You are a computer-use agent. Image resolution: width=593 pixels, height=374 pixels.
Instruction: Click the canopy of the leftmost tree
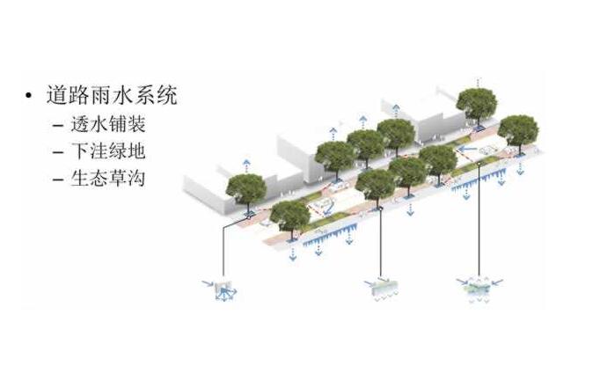pos(245,187)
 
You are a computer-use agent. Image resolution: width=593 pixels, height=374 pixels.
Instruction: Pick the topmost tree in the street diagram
pos(476,103)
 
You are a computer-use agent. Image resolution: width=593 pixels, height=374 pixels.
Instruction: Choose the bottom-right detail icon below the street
pos(479,289)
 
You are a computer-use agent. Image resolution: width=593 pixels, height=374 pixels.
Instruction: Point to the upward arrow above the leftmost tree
pos(245,165)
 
